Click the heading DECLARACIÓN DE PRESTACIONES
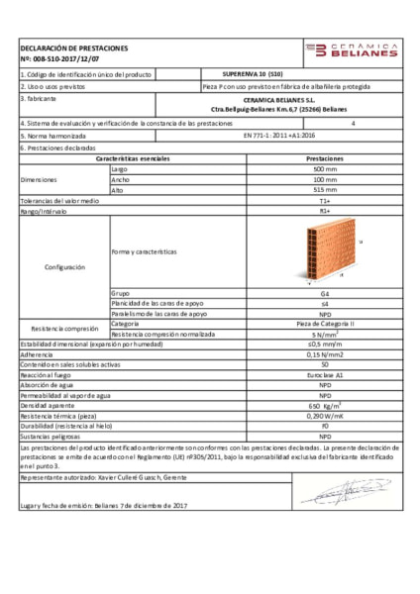pos(73,48)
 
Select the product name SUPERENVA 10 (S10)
pos(251,74)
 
